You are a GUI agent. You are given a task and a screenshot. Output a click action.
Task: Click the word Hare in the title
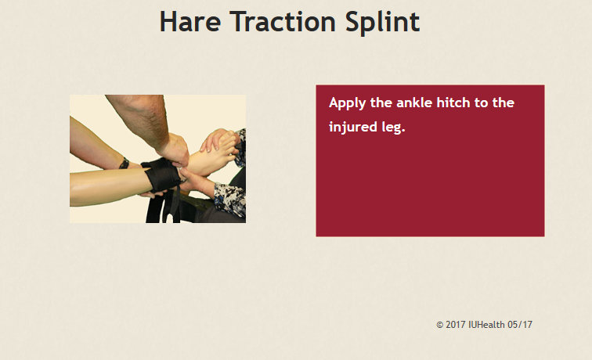[x=190, y=22]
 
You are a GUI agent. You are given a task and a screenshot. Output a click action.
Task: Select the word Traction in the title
[x=283, y=22]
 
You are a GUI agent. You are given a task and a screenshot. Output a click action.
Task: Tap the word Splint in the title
[x=382, y=23]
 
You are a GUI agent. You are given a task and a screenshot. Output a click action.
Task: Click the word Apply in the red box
[x=348, y=103]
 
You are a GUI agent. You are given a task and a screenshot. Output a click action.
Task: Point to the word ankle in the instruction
[x=414, y=103]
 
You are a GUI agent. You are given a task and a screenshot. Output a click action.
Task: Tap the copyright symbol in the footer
[x=440, y=325]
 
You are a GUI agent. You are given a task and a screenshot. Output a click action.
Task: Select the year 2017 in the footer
[x=455, y=325]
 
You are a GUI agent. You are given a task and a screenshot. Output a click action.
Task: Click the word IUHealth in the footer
[x=486, y=325]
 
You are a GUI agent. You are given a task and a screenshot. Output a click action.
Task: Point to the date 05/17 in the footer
[x=520, y=325]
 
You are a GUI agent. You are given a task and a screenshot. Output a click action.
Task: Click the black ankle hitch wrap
[x=162, y=175]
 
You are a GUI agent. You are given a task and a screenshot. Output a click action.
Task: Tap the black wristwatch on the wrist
[x=124, y=164]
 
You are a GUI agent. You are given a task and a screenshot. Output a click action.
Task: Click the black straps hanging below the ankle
[x=163, y=207]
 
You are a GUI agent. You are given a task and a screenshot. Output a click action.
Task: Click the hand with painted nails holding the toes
[x=216, y=139]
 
